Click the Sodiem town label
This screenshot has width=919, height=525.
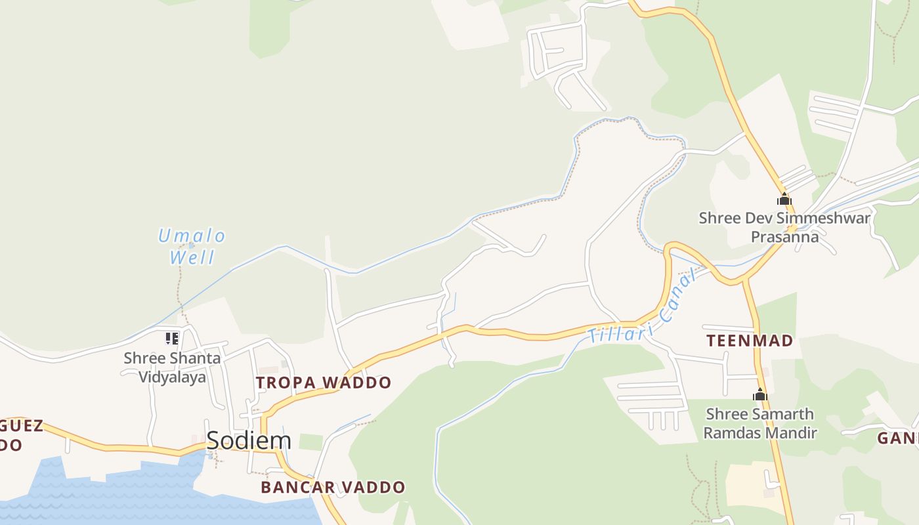(x=249, y=440)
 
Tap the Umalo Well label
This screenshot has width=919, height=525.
(x=192, y=246)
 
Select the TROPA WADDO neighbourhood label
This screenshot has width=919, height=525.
(x=324, y=383)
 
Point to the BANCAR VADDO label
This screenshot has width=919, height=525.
(x=333, y=488)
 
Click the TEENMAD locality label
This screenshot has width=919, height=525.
(x=750, y=341)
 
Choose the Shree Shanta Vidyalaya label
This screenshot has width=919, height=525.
(x=172, y=367)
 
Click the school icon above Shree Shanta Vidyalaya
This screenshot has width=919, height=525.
(x=172, y=339)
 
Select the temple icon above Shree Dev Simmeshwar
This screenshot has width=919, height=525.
(x=784, y=199)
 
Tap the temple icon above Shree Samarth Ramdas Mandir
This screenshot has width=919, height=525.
(x=760, y=395)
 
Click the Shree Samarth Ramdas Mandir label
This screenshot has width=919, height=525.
(x=760, y=423)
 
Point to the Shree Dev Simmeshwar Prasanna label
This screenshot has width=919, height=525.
(x=784, y=227)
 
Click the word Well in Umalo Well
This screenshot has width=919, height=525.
(x=192, y=257)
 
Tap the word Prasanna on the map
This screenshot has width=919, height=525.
(x=784, y=237)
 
